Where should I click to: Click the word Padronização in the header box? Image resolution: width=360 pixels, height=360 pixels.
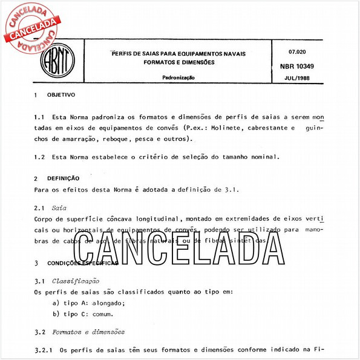point(178,78)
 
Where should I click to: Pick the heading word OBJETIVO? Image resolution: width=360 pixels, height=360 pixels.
point(61,95)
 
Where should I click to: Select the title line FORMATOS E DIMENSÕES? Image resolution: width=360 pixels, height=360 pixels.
point(179,62)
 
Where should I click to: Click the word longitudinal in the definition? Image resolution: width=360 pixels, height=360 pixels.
point(152,218)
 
